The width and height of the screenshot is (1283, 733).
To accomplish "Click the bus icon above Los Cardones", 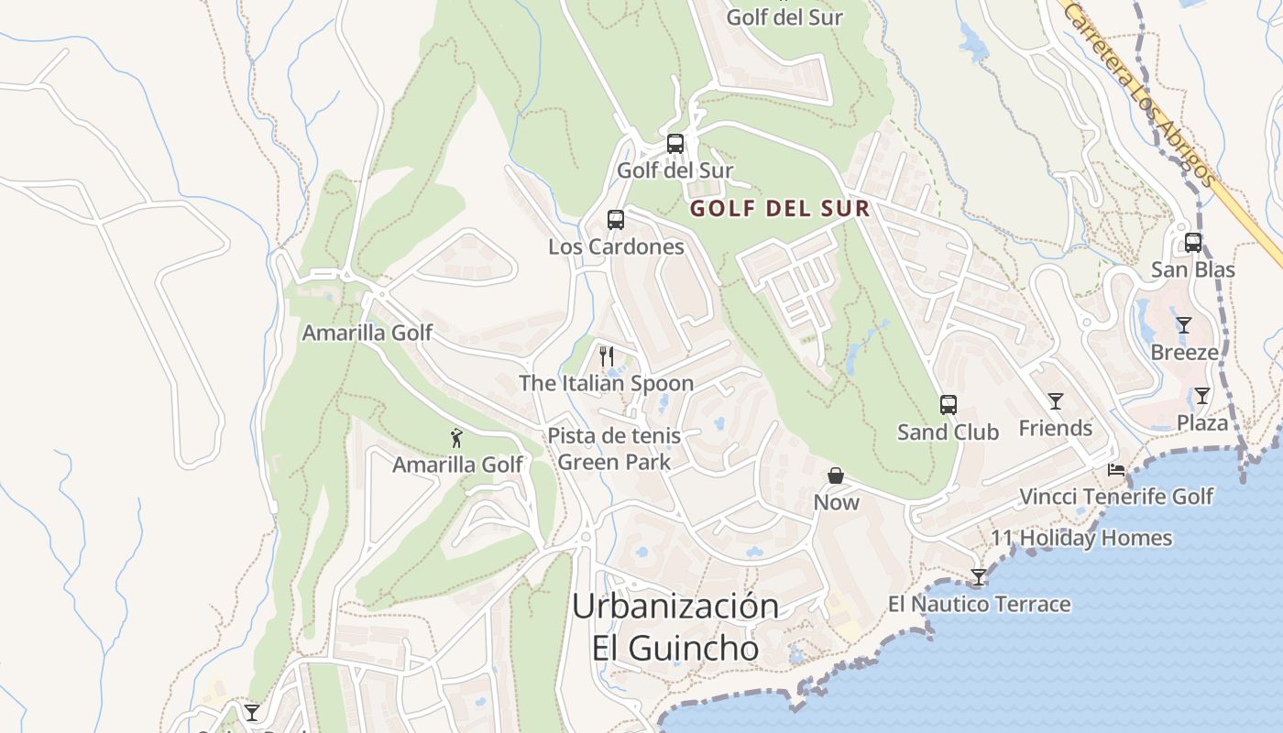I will [616, 220].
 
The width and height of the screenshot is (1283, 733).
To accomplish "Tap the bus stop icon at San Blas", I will [1193, 243].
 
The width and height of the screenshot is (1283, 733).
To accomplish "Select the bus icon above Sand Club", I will [949, 405].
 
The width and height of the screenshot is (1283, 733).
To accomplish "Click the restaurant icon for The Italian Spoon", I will [606, 356].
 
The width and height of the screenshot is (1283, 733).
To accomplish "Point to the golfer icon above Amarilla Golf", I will [457, 438].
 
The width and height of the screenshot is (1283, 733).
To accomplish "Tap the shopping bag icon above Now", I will [836, 476].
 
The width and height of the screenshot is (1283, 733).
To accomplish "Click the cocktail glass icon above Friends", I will [1056, 401].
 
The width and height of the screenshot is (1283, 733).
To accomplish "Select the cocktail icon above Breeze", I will [1184, 325].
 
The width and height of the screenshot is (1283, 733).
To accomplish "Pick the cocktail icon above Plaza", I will [1201, 396].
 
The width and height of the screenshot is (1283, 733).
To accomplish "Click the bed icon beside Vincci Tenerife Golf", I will [1116, 470].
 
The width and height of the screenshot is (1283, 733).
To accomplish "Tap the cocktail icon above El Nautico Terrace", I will [979, 577].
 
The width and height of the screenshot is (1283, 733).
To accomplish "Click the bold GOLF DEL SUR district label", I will [780, 209].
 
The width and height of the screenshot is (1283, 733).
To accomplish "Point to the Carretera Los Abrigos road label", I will [1138, 92].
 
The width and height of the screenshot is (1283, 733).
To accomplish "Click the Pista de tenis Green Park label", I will [614, 449].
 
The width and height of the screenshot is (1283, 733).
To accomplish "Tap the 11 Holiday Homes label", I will [1081, 538].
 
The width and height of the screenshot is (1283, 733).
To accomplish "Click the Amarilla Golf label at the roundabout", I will [367, 333].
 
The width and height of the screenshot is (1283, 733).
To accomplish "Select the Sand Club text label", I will [948, 432].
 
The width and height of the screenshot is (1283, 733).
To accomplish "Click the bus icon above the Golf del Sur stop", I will [675, 144].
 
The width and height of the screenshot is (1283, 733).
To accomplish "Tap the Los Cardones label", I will [616, 247].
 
